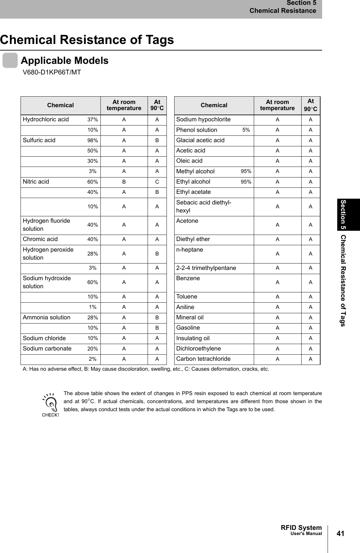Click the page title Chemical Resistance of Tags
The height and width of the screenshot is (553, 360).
pyautogui.click(x=87, y=40)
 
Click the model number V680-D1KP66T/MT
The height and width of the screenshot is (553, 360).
pyautogui.click(x=52, y=73)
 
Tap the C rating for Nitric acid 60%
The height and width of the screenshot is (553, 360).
pyautogui.click(x=157, y=182)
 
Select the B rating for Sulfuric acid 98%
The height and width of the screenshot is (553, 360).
pyautogui.click(x=157, y=141)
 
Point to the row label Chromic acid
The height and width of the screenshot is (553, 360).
pyautogui.click(x=40, y=239)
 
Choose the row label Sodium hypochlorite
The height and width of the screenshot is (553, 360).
pyautogui.click(x=203, y=120)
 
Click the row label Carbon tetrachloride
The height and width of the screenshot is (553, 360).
pyautogui.click(x=203, y=359)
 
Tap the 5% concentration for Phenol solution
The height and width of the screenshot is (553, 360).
pyautogui.click(x=246, y=130)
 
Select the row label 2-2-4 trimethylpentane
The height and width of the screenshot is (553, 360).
pyautogui.click(x=206, y=268)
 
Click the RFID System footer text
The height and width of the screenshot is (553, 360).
pyautogui.click(x=301, y=528)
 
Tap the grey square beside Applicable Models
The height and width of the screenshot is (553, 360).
pyautogui.click(x=10, y=61)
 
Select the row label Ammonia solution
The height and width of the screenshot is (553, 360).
pyautogui.click(x=47, y=317)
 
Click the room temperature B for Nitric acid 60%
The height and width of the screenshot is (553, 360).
pyautogui.click(x=124, y=182)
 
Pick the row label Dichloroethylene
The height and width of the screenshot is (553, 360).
pyautogui.click(x=199, y=349)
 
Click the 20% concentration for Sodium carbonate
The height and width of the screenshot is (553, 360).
pyautogui.click(x=93, y=349)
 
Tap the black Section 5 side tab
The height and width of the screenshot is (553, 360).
pyautogui.click(x=348, y=214)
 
